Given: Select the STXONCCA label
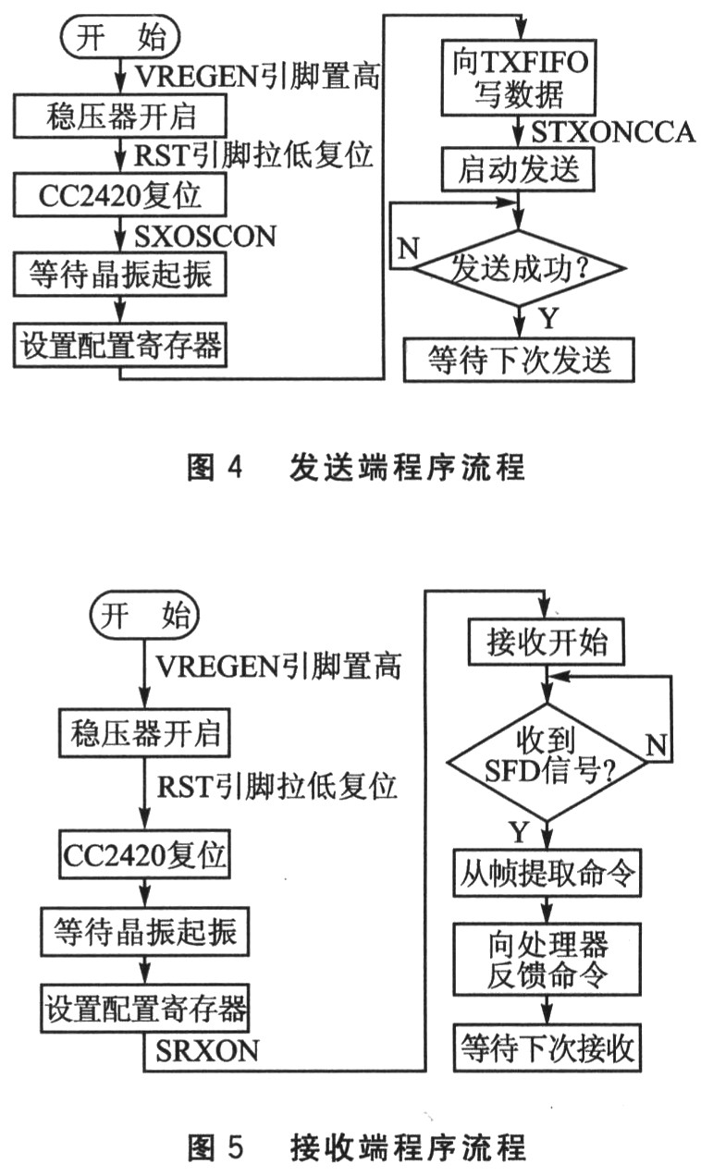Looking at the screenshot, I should point(611,132).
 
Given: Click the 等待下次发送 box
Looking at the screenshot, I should point(520,358).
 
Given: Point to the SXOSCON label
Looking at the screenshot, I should point(205,236).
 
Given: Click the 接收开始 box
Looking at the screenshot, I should point(547,643).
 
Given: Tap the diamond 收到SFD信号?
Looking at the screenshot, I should point(547,762).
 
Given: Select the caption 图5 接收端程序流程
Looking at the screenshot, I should point(356,1148).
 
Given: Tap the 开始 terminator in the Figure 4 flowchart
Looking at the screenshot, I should point(121,39).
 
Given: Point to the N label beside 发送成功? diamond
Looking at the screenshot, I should point(404,248).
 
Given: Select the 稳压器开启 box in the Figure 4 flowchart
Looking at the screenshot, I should point(119,117).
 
